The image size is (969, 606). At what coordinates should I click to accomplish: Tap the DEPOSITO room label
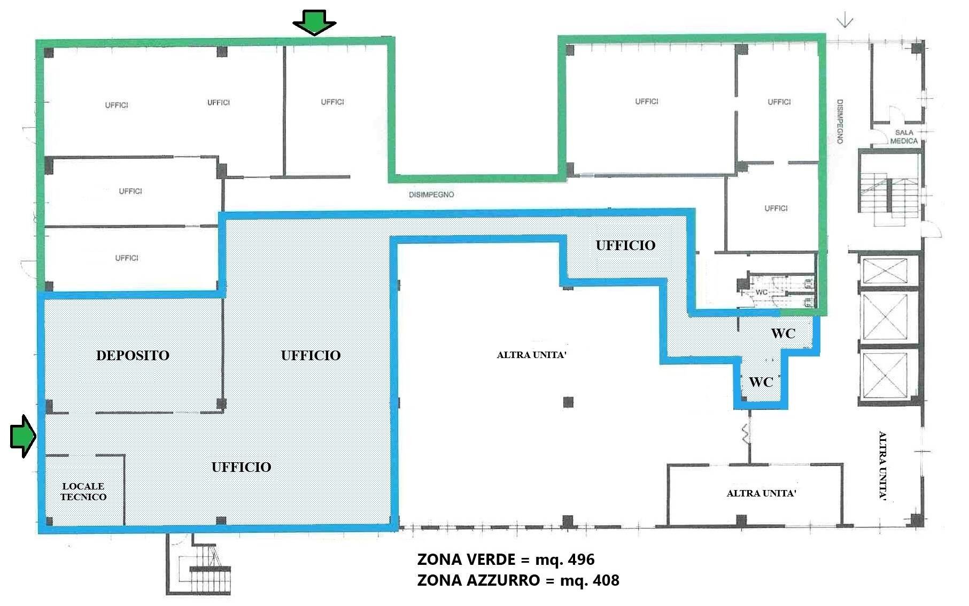[x=133, y=355]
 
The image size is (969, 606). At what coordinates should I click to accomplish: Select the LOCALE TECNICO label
[x=83, y=492]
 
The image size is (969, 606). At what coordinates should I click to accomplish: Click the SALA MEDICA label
[x=904, y=137]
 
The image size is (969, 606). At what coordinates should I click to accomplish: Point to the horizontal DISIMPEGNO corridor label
[x=431, y=195]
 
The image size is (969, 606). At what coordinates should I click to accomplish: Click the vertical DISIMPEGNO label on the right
[x=840, y=121]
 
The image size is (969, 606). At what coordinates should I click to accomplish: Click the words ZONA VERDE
[x=466, y=560]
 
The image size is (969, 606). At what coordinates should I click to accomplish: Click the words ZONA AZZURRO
[x=478, y=580]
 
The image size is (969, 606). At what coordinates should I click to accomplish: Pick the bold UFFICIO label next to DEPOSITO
[x=311, y=355]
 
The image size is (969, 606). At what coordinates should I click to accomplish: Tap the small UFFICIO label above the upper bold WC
[x=625, y=245]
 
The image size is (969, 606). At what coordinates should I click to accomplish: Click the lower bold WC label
[x=761, y=382]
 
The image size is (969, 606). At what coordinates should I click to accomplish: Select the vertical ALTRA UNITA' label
[x=882, y=465]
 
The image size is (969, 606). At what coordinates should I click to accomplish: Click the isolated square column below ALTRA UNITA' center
[x=568, y=402]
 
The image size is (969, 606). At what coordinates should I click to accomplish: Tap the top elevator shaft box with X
[x=885, y=271]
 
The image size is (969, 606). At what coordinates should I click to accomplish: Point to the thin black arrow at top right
[x=845, y=21]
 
